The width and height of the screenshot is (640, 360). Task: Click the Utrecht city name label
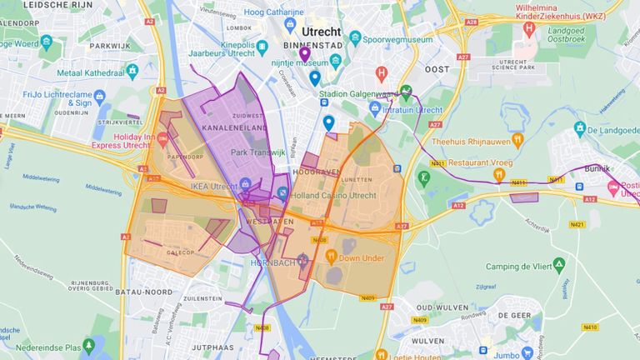(x=321, y=31)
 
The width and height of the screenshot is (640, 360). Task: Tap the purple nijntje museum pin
(x=305, y=54)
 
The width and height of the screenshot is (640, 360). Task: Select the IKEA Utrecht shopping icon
(x=246, y=185)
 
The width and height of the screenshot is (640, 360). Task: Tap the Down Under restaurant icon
(x=331, y=257)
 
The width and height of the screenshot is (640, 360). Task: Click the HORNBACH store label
(x=272, y=262)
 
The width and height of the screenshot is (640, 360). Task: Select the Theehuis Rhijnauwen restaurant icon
(x=517, y=141)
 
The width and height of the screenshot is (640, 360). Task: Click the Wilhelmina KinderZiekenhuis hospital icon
(x=528, y=28)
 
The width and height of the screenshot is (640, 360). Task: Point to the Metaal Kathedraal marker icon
(x=132, y=70)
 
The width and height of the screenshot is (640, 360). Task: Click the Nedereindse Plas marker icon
(x=91, y=346)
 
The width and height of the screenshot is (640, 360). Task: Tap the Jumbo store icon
(x=527, y=353)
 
